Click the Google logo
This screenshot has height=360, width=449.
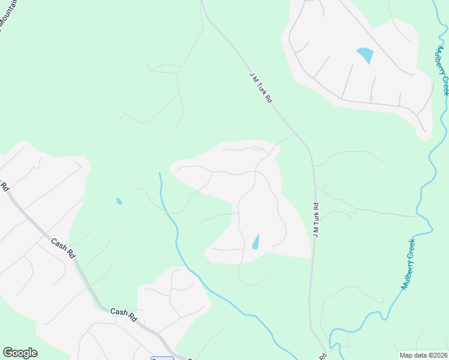pos(20,353)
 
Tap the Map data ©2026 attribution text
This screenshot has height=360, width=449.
pos(423,355)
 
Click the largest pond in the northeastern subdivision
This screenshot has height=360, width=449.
pos(365,56)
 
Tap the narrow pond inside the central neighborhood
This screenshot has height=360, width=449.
pos(256,242)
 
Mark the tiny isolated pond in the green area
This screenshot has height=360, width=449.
pos(119,201)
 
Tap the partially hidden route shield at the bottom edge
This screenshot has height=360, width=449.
pos(161,358)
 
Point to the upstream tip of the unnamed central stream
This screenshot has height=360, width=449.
pos(159,173)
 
